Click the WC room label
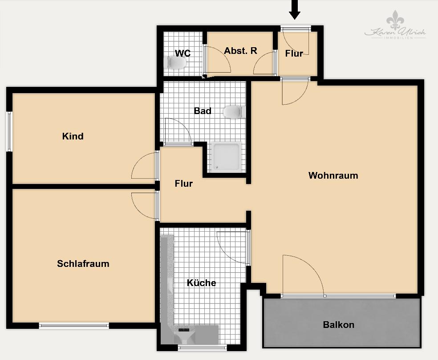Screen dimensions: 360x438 [182, 53]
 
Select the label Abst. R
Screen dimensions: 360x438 [240, 51]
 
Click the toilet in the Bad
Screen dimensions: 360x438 [234, 111]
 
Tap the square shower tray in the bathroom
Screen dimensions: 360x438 [227, 157]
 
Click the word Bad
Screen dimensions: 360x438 [203, 111]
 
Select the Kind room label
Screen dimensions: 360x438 [73, 136]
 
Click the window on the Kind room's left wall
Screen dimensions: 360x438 [9, 131]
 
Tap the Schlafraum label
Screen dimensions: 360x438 [83, 264]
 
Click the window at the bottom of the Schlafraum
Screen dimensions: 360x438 [74, 326]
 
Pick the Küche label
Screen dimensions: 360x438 [201, 283]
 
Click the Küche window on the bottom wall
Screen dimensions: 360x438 [202, 348]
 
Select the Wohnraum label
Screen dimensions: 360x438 [333, 176]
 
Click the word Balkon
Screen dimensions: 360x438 [339, 325]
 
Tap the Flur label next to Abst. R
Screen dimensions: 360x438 [294, 53]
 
